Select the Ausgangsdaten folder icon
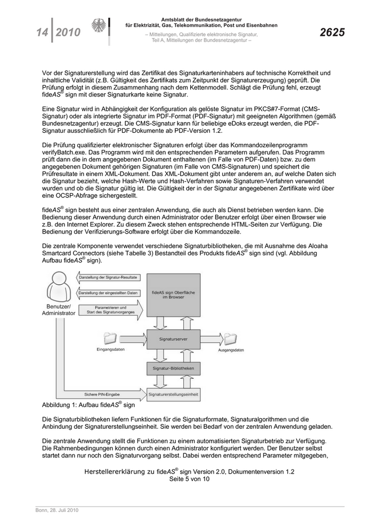tap(230, 338)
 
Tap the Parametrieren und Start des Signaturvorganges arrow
tap(109, 310)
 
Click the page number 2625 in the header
tap(331, 33)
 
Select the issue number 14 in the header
tap(42, 33)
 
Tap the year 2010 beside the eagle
tap(68, 33)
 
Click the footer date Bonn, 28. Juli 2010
tap(58, 510)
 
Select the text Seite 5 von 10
tap(189, 479)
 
